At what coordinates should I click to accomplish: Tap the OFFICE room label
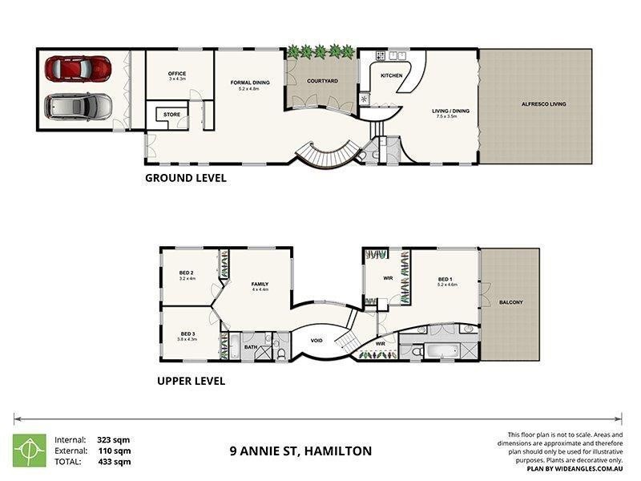[177, 74]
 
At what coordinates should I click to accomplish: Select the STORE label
[171, 115]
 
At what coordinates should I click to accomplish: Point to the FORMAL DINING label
[250, 83]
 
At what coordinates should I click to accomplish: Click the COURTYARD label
[322, 81]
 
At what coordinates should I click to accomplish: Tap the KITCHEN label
[391, 75]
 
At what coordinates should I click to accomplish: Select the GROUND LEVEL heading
[185, 178]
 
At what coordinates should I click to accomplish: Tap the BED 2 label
[187, 273]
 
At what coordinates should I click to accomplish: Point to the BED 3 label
[187, 333]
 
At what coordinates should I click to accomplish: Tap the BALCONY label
[510, 302]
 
